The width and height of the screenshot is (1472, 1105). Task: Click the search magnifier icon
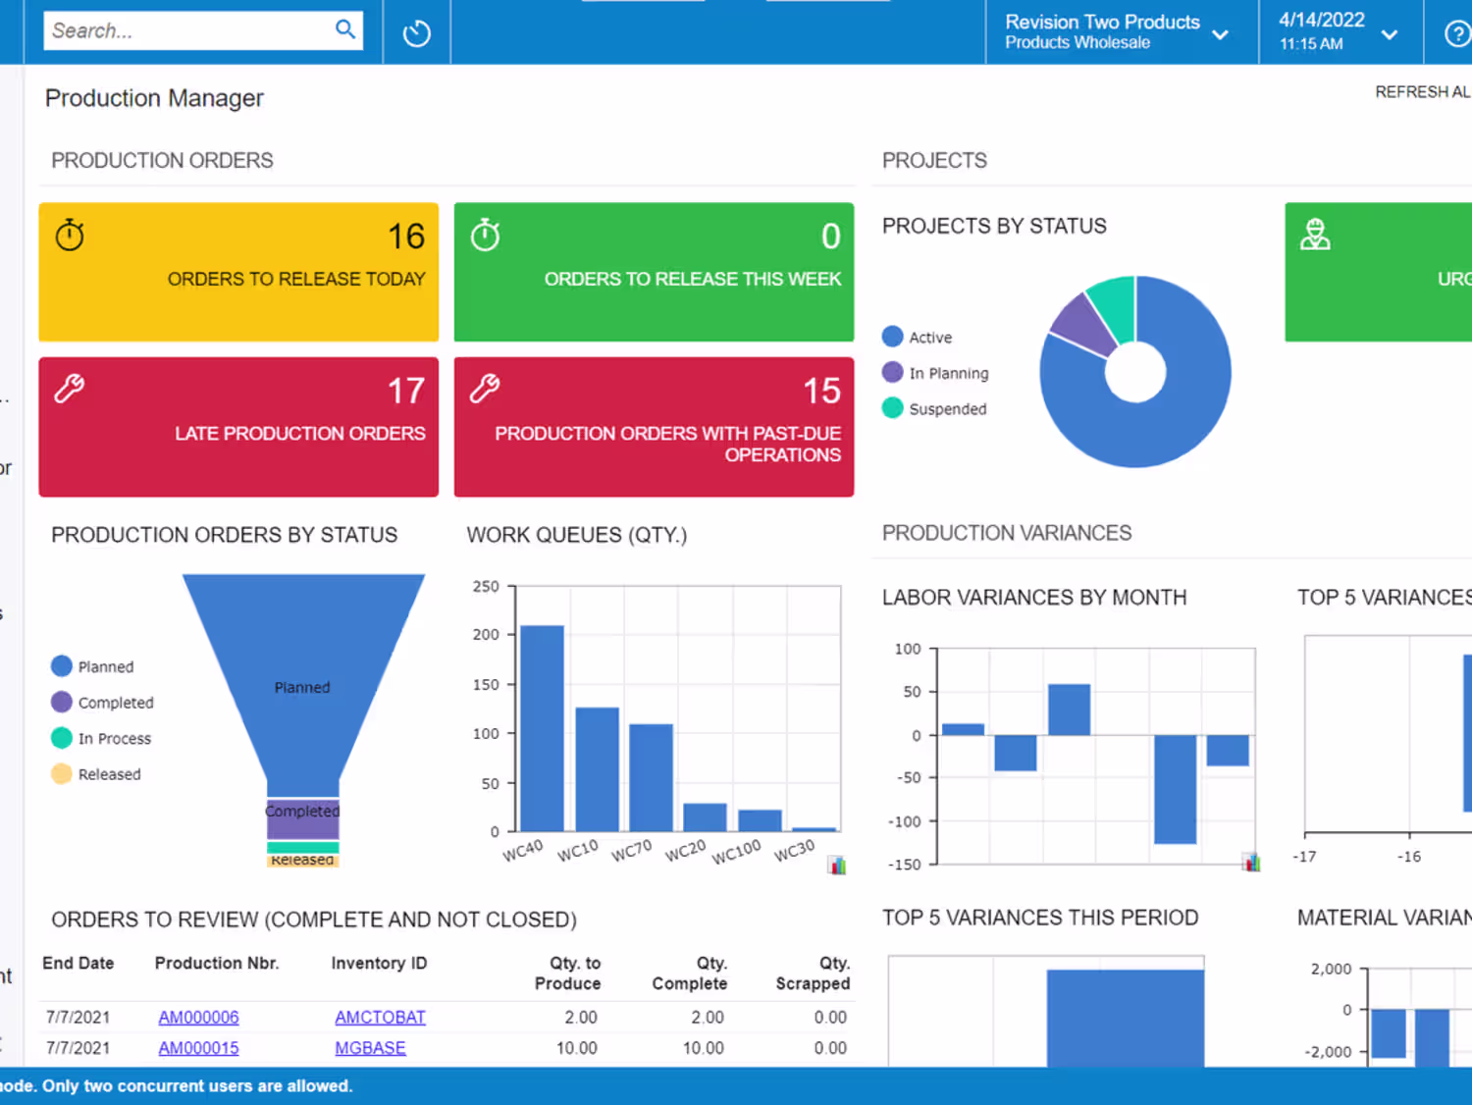[x=345, y=29]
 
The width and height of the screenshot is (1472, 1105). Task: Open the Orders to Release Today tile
[x=238, y=272]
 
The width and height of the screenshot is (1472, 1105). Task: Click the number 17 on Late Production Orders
[x=405, y=391]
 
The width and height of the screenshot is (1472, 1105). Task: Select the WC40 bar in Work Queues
[x=542, y=728]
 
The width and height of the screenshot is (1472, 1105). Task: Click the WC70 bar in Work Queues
[x=651, y=777]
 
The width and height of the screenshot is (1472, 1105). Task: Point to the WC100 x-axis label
[x=736, y=851]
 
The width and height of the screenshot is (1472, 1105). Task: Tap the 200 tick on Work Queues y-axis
[x=486, y=635]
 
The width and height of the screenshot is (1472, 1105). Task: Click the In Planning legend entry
[x=948, y=373]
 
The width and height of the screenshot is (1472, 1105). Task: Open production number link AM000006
[x=198, y=1018]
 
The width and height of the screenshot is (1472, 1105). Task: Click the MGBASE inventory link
[x=370, y=1048]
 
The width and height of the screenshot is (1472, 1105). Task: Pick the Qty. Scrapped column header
[x=813, y=973]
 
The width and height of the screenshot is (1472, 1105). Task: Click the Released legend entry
[x=109, y=774]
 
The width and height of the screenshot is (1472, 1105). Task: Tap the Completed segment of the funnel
[x=302, y=818]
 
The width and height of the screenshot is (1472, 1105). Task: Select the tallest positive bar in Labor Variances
[x=1069, y=710]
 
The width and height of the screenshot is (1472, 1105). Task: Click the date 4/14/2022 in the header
[x=1321, y=21]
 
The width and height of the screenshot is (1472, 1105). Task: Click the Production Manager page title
[x=154, y=98]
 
